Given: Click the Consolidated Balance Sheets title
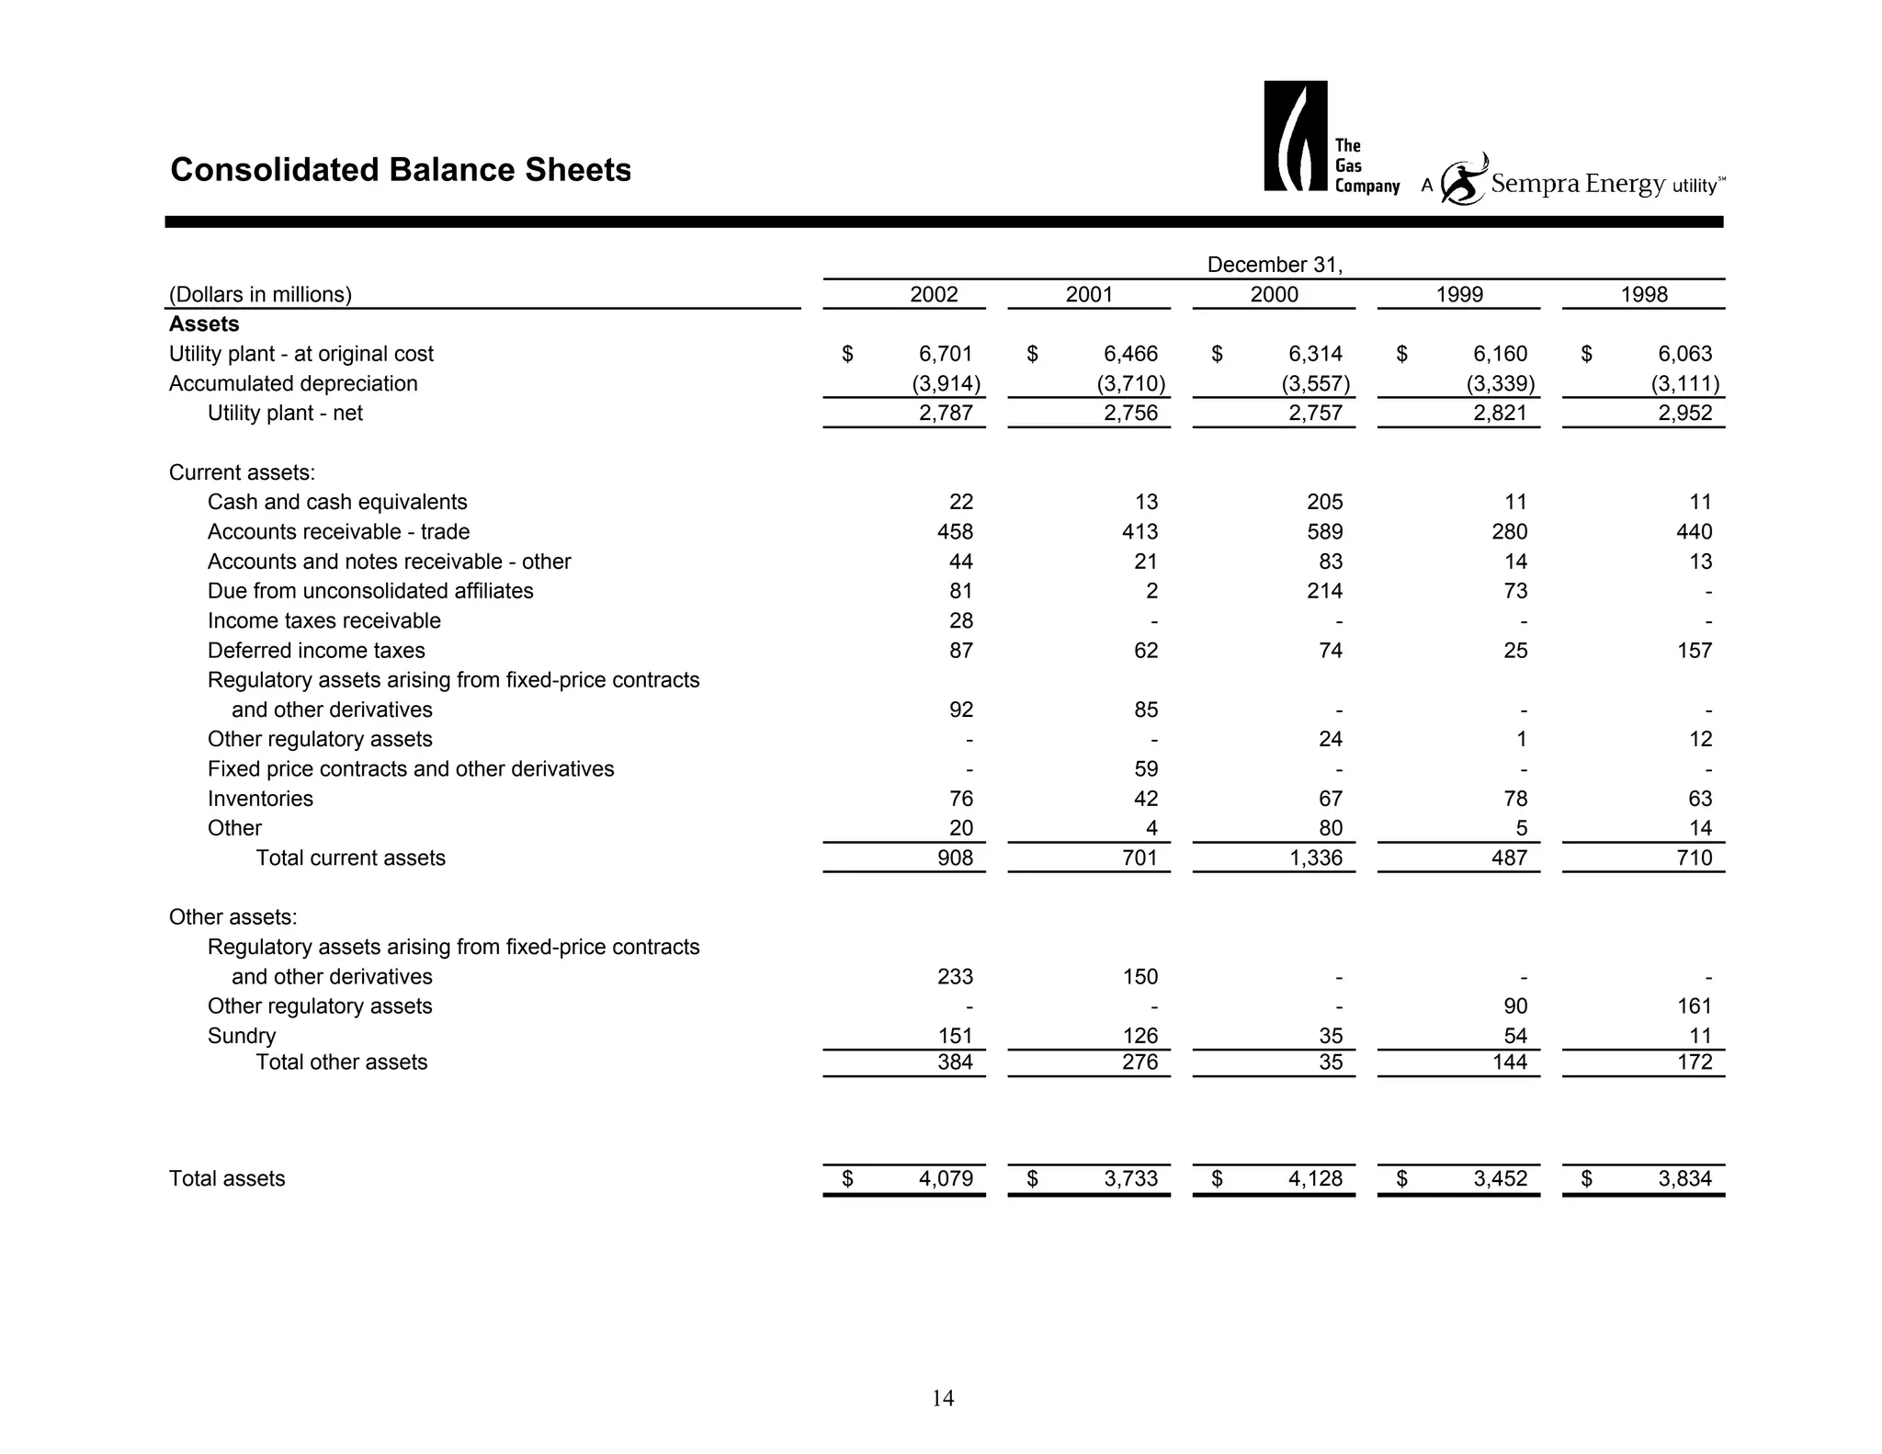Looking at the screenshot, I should [401, 170].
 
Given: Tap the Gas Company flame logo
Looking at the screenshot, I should [1295, 136].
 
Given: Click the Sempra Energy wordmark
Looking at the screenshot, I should [1577, 184].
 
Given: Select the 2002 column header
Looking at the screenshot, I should [934, 294].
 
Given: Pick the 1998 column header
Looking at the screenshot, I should [1644, 294].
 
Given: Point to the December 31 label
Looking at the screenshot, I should [1275, 265].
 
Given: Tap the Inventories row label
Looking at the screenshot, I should [260, 799].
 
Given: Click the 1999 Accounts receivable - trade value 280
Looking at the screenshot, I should [1509, 531].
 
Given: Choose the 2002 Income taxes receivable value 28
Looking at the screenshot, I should [960, 620].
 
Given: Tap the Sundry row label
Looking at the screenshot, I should [242, 1036].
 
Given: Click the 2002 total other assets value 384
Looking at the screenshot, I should [955, 1062].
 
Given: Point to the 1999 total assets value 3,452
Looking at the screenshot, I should [1501, 1178].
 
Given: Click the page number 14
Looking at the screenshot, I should [943, 1398].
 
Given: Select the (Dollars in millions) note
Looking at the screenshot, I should [260, 294].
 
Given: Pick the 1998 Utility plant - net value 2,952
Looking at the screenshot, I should [1685, 413].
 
